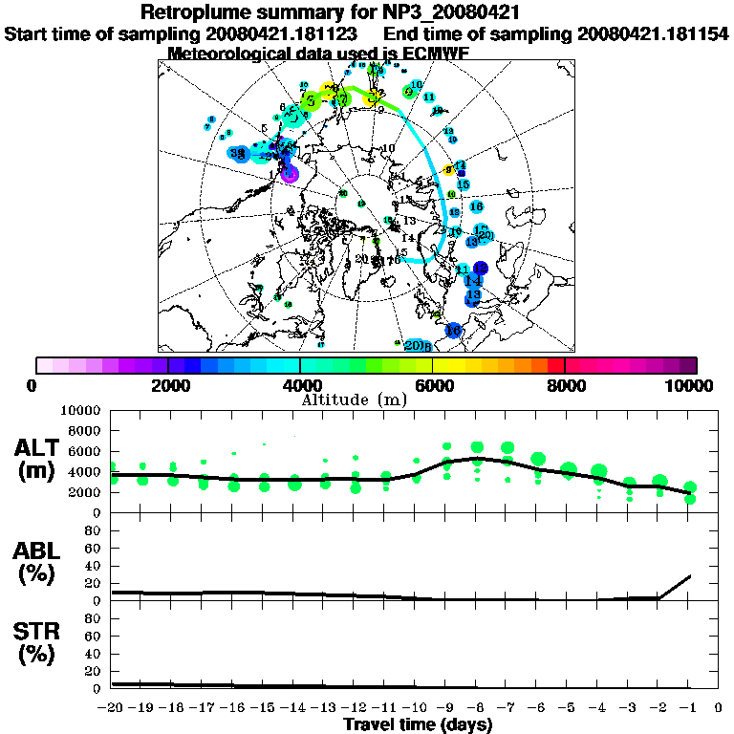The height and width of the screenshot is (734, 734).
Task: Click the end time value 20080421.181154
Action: [653, 33]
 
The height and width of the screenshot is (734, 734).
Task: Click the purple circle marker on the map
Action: [290, 174]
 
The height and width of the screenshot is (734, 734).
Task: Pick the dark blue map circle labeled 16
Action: [454, 331]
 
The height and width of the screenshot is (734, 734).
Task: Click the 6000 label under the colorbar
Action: [433, 386]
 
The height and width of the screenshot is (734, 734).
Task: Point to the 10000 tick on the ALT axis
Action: [87, 410]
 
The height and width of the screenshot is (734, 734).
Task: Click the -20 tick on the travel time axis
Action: [112, 708]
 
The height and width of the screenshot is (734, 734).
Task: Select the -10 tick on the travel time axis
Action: [415, 708]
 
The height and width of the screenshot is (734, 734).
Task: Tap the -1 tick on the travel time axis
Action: [688, 708]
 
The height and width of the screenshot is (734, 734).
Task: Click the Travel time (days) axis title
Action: [418, 724]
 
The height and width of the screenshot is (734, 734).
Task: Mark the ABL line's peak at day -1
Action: [690, 575]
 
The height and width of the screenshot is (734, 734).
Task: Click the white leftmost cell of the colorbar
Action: [44, 365]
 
